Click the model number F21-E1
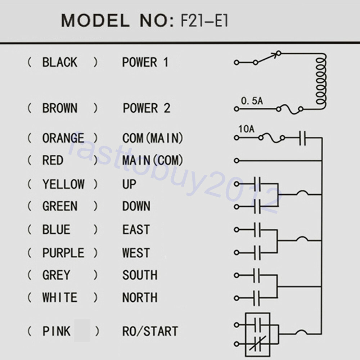point(204,21)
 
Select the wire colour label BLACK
point(60,62)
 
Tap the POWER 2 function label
point(147,108)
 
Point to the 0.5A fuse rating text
point(252,101)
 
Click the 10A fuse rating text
point(246,129)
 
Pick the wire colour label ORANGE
point(63,138)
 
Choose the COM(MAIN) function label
point(153,138)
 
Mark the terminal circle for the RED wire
point(237,161)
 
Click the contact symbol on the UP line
point(257,184)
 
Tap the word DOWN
point(136,206)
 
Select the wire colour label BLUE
point(56,229)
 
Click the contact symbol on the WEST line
point(257,253)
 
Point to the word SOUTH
point(140,275)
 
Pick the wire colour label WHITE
point(60,298)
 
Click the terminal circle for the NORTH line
point(237,298)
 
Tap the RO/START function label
point(150,331)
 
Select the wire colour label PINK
point(56,331)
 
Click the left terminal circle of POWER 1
point(237,62)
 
